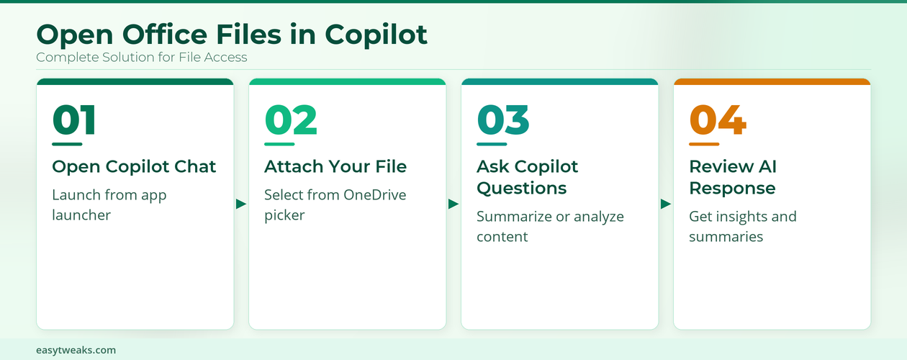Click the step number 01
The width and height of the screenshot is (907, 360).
(x=74, y=120)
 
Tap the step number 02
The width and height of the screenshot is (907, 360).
(x=291, y=120)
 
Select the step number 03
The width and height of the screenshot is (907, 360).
(x=503, y=120)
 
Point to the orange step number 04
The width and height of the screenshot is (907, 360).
(x=718, y=120)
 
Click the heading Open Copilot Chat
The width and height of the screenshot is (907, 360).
(x=134, y=167)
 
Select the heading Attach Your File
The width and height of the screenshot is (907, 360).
(x=335, y=167)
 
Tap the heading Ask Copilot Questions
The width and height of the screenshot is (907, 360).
(x=528, y=177)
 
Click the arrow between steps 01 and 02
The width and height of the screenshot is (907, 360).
(x=241, y=204)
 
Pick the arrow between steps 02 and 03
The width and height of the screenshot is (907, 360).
(x=453, y=204)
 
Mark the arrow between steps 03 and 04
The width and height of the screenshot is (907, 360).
(x=666, y=204)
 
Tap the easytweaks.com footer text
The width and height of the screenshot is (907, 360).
(x=76, y=350)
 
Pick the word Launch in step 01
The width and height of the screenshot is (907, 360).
(x=74, y=194)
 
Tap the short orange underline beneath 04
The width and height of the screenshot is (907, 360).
(x=704, y=144)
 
